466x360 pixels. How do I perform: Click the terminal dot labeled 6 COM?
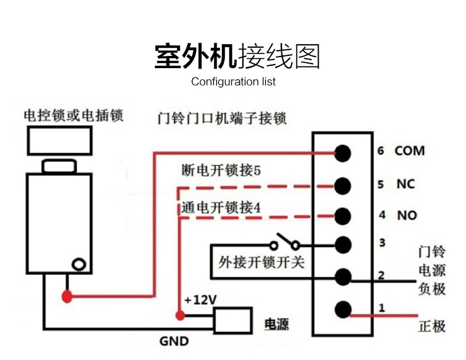343,153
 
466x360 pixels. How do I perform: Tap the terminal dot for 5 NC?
343,186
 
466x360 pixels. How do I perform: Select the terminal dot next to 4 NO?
343,215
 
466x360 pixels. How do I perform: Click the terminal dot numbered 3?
343,245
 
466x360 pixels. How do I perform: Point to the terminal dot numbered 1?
343,309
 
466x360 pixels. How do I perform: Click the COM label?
409,151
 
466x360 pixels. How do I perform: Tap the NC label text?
405,184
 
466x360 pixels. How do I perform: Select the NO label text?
407,216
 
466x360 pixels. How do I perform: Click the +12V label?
200,300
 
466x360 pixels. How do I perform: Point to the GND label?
174,341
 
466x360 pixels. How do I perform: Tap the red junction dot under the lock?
68,297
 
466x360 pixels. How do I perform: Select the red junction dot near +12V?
180,316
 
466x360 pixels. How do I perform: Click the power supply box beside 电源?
232,320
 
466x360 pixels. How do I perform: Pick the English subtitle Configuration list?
233,82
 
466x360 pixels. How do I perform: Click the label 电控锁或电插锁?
73,115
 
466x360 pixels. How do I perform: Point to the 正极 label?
432,326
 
